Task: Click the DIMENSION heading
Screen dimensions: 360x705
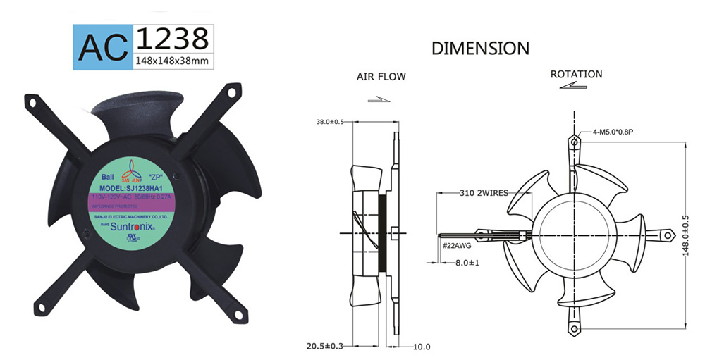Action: [480, 49]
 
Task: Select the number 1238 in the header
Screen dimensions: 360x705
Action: [171, 37]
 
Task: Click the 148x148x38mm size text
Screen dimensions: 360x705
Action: [171, 61]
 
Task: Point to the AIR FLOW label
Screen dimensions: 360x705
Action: [381, 76]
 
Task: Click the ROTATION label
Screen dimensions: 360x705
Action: [576, 74]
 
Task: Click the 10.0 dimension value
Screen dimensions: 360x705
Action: [421, 347]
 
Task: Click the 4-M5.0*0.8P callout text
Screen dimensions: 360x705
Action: [608, 131]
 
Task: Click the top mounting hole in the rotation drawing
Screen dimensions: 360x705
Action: [575, 141]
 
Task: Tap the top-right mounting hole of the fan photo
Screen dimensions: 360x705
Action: [230, 92]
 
